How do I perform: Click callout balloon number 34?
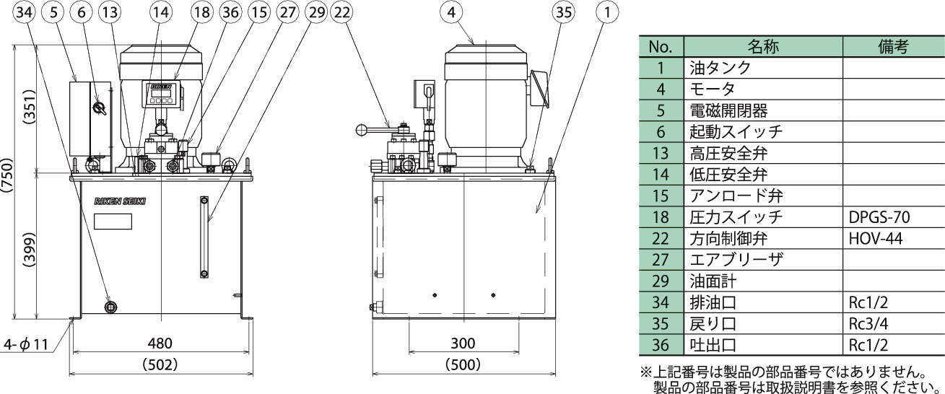(24, 12)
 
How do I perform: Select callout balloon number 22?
(343, 12)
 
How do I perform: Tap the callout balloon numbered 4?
(451, 12)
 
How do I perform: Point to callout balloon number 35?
(562, 12)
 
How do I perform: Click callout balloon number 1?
(609, 12)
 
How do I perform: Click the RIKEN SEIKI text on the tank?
(120, 202)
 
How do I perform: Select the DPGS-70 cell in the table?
(879, 216)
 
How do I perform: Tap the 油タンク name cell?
(721, 68)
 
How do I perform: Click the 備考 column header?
(893, 47)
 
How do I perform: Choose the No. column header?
(661, 47)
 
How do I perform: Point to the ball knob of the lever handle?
(361, 130)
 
